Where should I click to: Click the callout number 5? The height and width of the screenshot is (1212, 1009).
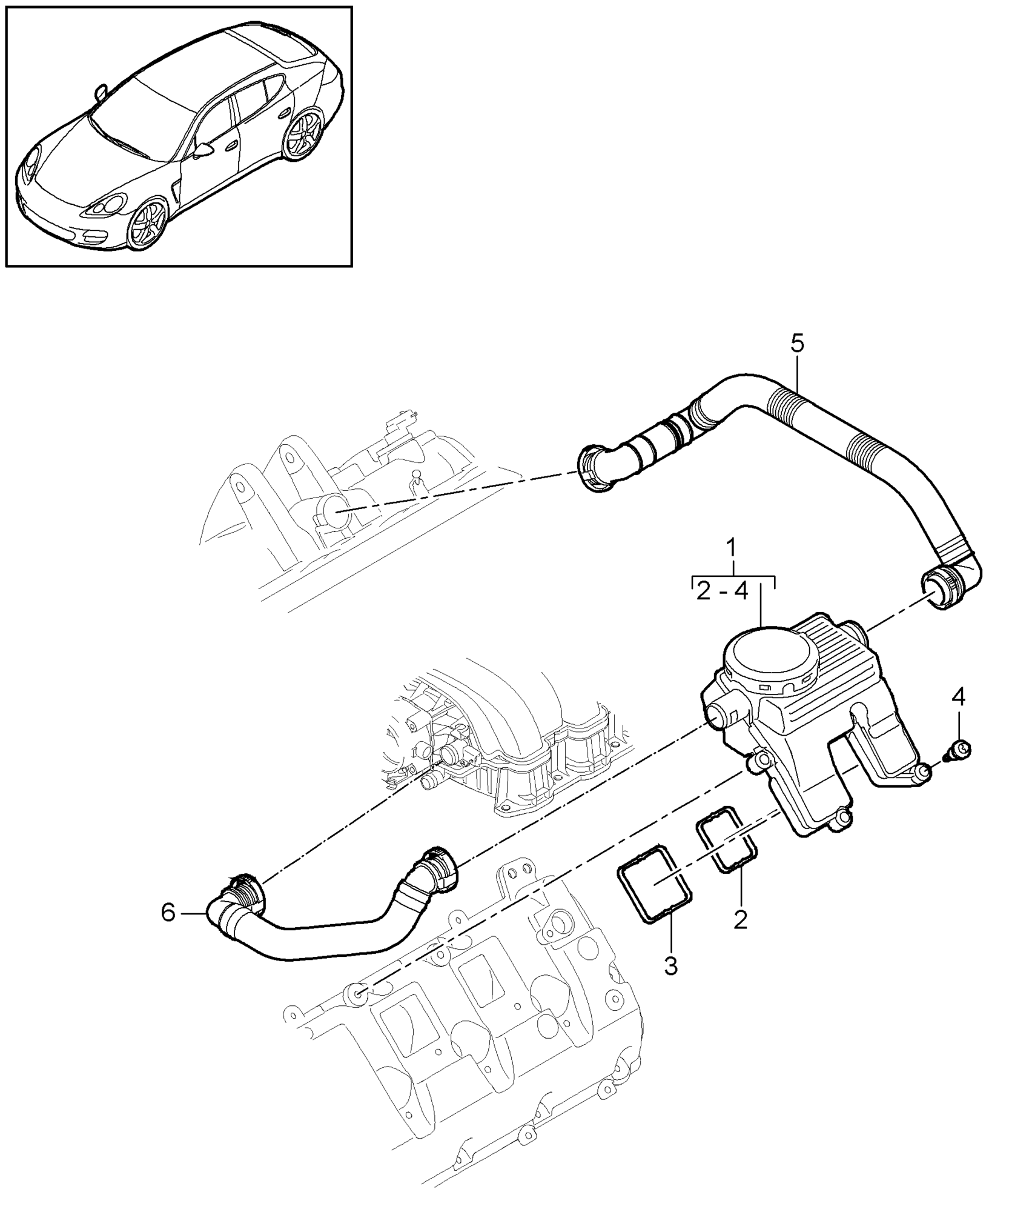797,344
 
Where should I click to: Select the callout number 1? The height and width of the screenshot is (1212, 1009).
732,549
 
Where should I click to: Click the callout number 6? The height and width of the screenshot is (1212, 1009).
168,929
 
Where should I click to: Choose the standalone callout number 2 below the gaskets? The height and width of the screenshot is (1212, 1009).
740,936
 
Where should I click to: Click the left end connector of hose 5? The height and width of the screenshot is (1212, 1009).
594,469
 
